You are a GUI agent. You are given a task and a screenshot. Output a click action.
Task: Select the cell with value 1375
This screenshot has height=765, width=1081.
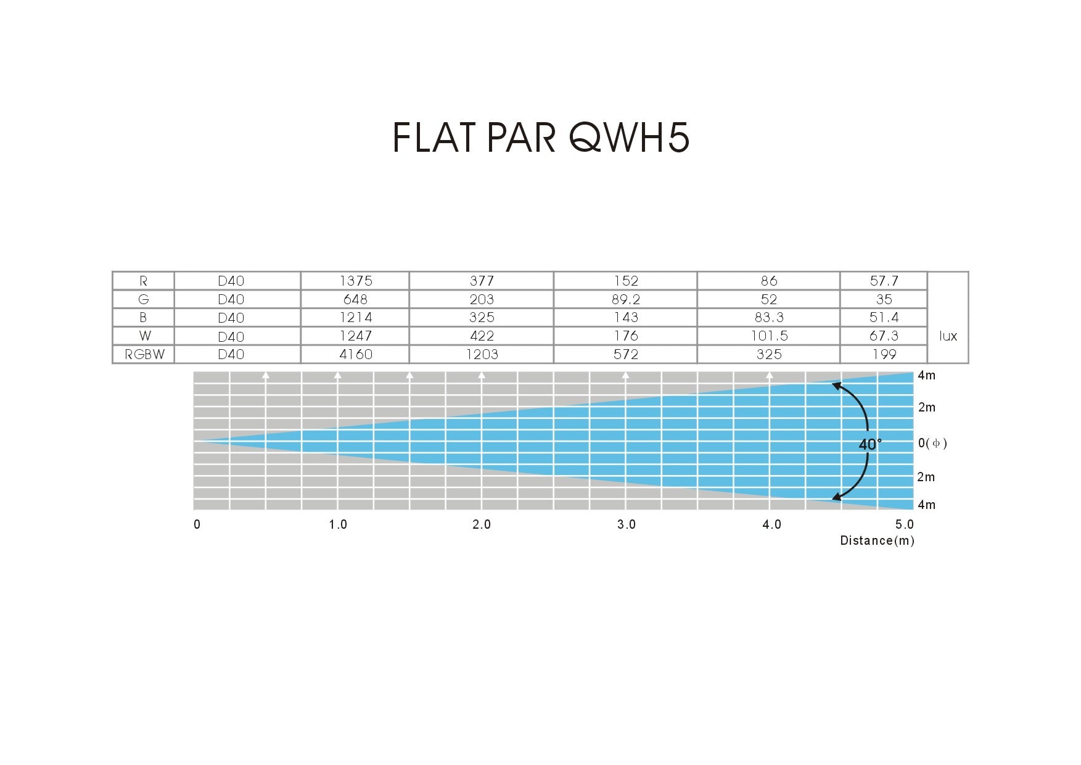pyautogui.click(x=356, y=281)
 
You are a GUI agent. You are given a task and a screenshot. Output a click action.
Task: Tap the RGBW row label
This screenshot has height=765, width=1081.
pyautogui.click(x=144, y=354)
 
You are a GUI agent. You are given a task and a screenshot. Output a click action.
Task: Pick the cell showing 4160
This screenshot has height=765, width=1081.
pyautogui.click(x=356, y=354)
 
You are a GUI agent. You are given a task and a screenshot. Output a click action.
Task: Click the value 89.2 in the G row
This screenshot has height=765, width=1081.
pyautogui.click(x=625, y=299)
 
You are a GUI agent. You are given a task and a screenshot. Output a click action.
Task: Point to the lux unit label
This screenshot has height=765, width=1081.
pyautogui.click(x=948, y=336)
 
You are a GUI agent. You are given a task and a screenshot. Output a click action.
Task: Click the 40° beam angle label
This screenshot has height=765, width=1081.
pyautogui.click(x=870, y=444)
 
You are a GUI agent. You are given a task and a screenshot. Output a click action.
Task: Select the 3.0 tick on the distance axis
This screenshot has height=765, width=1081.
pyautogui.click(x=626, y=524)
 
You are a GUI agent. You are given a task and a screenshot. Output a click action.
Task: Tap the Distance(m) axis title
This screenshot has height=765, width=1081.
pyautogui.click(x=877, y=540)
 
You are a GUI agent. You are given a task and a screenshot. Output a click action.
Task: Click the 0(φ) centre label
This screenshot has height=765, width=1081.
pyautogui.click(x=932, y=443)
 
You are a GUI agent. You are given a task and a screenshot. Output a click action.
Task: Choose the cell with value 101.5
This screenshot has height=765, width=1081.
pyautogui.click(x=768, y=336)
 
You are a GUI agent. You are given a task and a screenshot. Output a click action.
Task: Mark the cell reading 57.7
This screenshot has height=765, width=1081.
pyautogui.click(x=884, y=281)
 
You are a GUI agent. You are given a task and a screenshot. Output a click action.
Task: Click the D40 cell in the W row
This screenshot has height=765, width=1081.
pyautogui.click(x=231, y=336)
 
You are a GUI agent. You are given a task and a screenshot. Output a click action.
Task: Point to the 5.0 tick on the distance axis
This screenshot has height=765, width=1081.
pyautogui.click(x=905, y=524)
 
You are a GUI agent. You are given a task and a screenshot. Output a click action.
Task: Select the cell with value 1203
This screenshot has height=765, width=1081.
pyautogui.click(x=482, y=354)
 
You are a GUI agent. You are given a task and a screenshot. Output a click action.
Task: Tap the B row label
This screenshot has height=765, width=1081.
pyautogui.click(x=143, y=317)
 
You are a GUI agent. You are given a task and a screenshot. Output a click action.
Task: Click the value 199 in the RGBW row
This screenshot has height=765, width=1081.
pyautogui.click(x=884, y=354)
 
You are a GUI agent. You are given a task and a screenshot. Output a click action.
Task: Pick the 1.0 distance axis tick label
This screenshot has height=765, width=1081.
pyautogui.click(x=338, y=524)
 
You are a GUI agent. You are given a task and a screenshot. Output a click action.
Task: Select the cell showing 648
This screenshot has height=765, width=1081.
pyautogui.click(x=355, y=299)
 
